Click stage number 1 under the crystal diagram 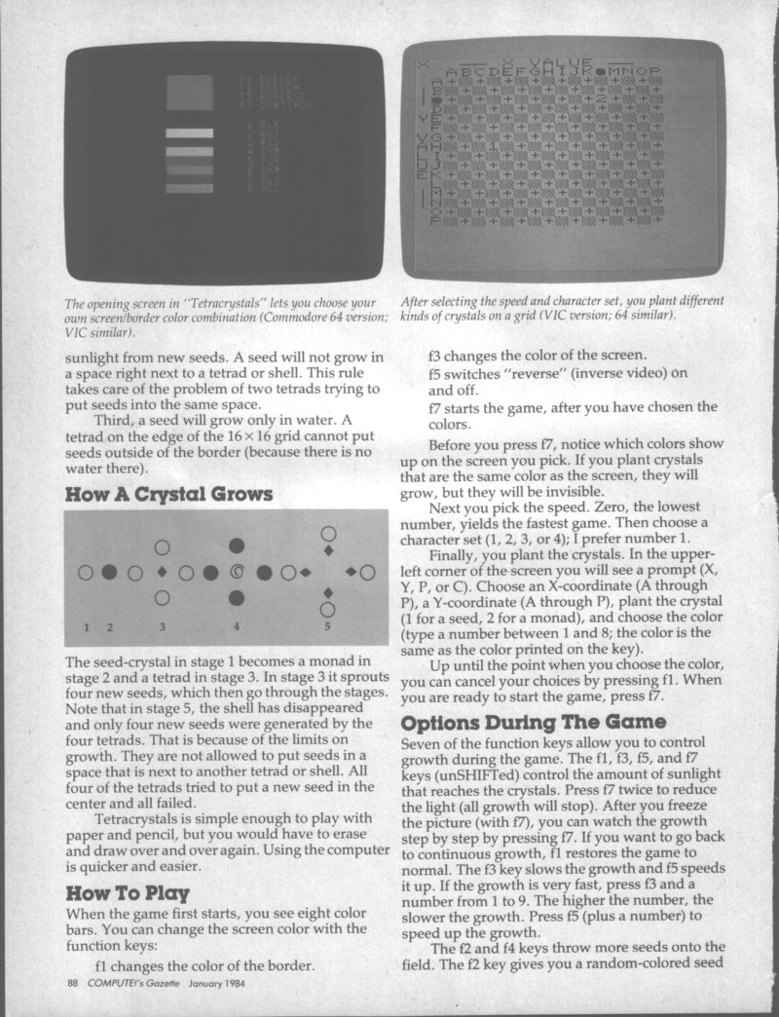click(x=86, y=624)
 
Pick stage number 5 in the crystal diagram click(x=328, y=624)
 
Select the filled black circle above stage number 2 click(x=110, y=571)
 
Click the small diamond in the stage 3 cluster click(x=163, y=571)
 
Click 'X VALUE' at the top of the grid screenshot click(x=554, y=61)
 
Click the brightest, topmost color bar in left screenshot click(x=189, y=133)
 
